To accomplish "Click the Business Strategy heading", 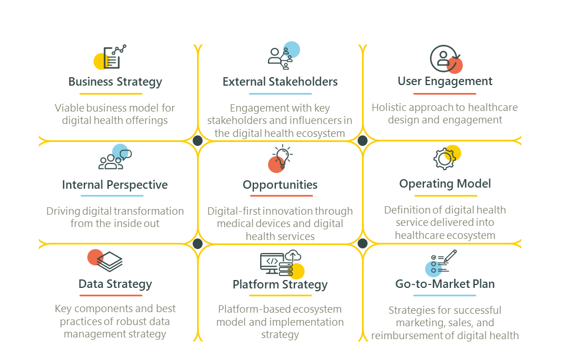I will pyautogui.click(x=115, y=82).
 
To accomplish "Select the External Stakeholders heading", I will pyautogui.click(x=280, y=82).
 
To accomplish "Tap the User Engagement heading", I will pyautogui.click(x=445, y=81).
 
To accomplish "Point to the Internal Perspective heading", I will pyautogui.click(x=115, y=185).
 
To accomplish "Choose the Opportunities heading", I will pyautogui.click(x=280, y=185).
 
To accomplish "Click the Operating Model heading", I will pyautogui.click(x=445, y=184).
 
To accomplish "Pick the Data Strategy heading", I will pyautogui.click(x=115, y=284).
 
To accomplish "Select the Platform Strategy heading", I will pyautogui.click(x=280, y=285).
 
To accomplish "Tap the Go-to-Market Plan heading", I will pyautogui.click(x=445, y=284).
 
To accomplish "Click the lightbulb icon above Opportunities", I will pyautogui.click(x=281, y=158).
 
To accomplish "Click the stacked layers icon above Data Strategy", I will pyautogui.click(x=107, y=260).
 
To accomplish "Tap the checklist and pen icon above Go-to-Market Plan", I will pyautogui.click(x=443, y=262).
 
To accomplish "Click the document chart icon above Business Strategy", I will pyautogui.click(x=112, y=57).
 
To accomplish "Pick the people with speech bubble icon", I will pyautogui.click(x=115, y=158).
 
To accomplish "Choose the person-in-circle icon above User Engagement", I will pyautogui.click(x=444, y=59).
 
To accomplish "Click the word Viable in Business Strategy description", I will pyautogui.click(x=68, y=108).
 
